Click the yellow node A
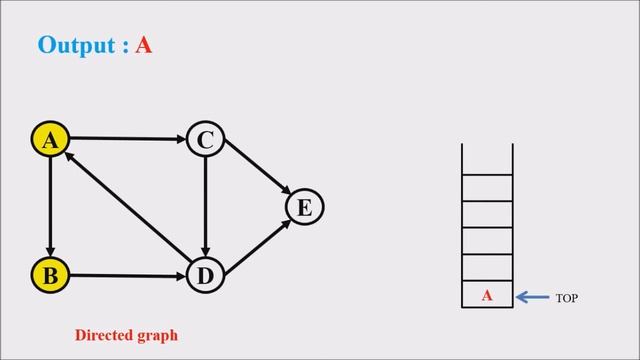49,140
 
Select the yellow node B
49,274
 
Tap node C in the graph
204,140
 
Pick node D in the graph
204,274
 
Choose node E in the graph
305,207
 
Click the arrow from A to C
126,138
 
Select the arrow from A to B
49,207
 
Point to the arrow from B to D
126,274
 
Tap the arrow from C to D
204,207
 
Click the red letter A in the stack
487,296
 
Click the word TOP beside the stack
567,298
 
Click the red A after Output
144,46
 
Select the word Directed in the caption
104,335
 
